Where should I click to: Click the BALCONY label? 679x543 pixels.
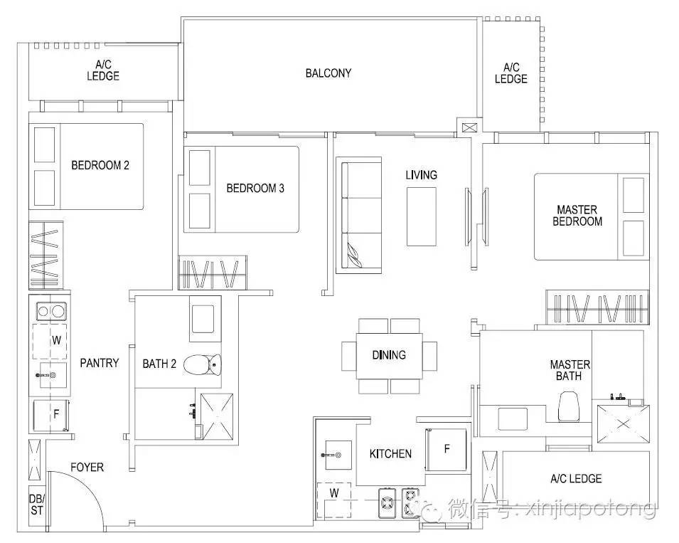pyautogui.click(x=328, y=73)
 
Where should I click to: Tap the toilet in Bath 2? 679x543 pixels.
pyautogui.click(x=203, y=364)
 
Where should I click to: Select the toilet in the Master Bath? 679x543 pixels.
pyautogui.click(x=568, y=406)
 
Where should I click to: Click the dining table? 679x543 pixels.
pyautogui.click(x=390, y=356)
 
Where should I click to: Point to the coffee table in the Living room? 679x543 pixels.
pyautogui.click(x=421, y=216)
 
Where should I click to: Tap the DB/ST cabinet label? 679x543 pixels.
pyautogui.click(x=37, y=505)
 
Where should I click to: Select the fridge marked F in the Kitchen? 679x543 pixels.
pyautogui.click(x=447, y=449)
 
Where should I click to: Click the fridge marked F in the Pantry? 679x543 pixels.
pyautogui.click(x=51, y=415)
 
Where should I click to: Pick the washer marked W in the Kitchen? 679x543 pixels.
pyautogui.click(x=334, y=501)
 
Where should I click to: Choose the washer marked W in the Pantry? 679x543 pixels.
pyautogui.click(x=50, y=341)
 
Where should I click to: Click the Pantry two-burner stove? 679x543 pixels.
pyautogui.click(x=50, y=310)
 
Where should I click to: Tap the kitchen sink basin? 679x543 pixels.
pyautogui.click(x=337, y=455)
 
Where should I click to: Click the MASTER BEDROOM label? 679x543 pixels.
pyautogui.click(x=577, y=216)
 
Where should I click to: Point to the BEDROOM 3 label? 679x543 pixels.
pyautogui.click(x=255, y=188)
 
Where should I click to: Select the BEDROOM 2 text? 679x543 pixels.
pyautogui.click(x=100, y=165)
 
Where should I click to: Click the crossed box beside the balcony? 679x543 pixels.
pyautogui.click(x=469, y=128)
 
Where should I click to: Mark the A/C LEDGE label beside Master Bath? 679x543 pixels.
pyautogui.click(x=576, y=478)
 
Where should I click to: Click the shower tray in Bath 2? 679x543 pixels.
pyautogui.click(x=217, y=416)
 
